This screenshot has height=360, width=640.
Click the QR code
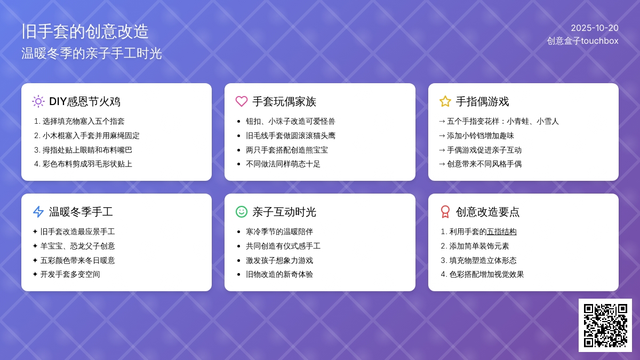(605, 325)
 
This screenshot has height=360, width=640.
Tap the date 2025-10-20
(595, 28)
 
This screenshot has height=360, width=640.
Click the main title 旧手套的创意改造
(85, 31)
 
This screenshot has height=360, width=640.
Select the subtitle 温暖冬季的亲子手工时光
(92, 53)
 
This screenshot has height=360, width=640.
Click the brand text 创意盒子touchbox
(582, 41)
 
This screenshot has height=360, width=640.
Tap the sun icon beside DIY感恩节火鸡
(38, 101)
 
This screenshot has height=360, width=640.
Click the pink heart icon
(242, 101)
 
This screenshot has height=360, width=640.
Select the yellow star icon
(445, 101)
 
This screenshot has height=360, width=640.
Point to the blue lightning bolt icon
(38, 212)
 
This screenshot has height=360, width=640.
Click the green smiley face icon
(242, 212)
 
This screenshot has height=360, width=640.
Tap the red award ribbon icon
(445, 212)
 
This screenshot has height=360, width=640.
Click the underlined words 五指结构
(501, 231)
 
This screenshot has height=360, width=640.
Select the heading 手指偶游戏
(482, 101)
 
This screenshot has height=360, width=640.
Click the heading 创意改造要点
(487, 212)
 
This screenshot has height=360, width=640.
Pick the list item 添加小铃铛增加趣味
(481, 135)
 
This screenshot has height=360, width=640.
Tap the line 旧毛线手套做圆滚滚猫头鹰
(291, 135)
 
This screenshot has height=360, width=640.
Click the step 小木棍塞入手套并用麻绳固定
(91, 135)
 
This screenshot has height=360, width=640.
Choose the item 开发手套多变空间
(70, 275)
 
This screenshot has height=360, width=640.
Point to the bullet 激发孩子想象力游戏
(279, 261)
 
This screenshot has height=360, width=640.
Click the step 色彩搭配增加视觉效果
(486, 275)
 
